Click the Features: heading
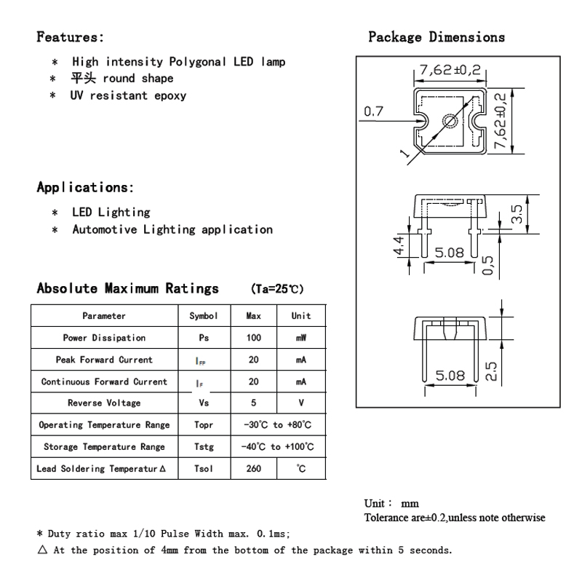click(x=71, y=36)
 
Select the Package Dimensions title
click(x=436, y=36)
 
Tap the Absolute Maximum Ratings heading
click(x=128, y=288)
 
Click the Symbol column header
click(x=204, y=316)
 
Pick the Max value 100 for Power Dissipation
click(x=254, y=338)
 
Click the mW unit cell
click(x=300, y=338)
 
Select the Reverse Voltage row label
click(x=104, y=403)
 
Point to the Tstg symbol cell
click(x=204, y=447)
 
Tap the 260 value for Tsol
click(x=254, y=469)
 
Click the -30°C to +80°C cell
click(x=277, y=425)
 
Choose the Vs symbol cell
click(x=204, y=403)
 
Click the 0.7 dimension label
click(x=373, y=111)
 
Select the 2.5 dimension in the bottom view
click(x=491, y=371)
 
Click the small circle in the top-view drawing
click(x=452, y=122)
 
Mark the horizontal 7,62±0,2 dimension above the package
click(x=450, y=71)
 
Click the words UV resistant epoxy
click(x=128, y=95)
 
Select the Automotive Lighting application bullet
click(x=172, y=229)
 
